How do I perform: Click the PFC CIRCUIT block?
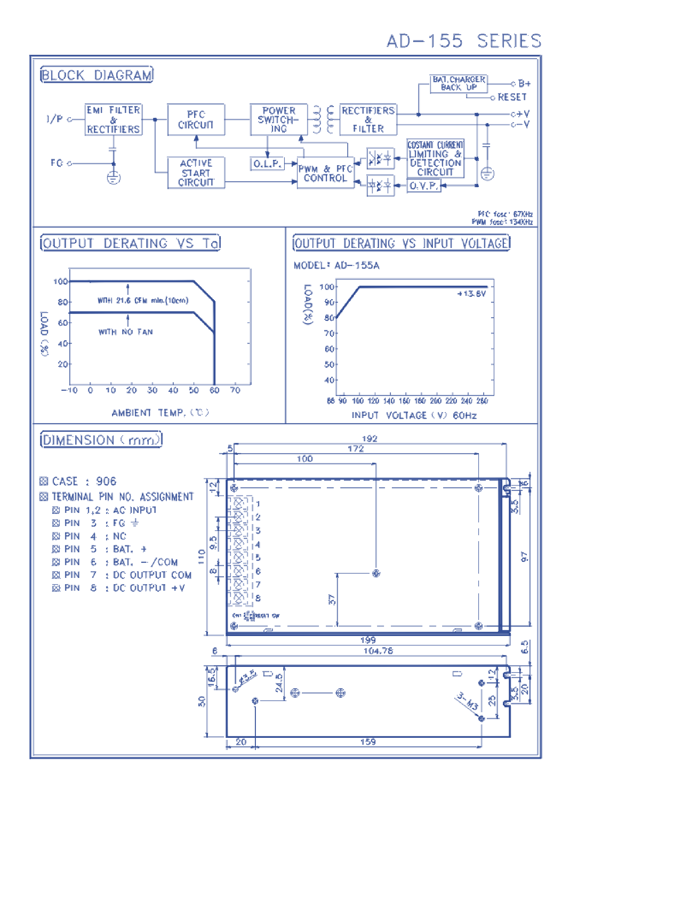[x=196, y=120]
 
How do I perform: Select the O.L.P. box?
[x=267, y=164]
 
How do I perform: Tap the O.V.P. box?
[x=423, y=186]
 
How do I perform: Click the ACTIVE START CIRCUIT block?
[x=196, y=173]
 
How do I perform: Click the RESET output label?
[x=512, y=97]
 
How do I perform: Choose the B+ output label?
[x=524, y=83]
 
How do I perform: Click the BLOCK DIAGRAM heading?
[x=97, y=75]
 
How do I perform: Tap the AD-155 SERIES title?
[x=463, y=41]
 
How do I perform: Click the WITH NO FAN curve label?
[x=125, y=332]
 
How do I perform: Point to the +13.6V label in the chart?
[x=471, y=294]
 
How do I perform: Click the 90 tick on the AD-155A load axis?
[x=329, y=302]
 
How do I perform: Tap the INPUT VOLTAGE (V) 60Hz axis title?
[x=414, y=415]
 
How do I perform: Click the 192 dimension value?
[x=370, y=439]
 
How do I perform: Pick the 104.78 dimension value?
[x=378, y=651]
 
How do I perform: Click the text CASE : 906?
[x=84, y=481]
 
